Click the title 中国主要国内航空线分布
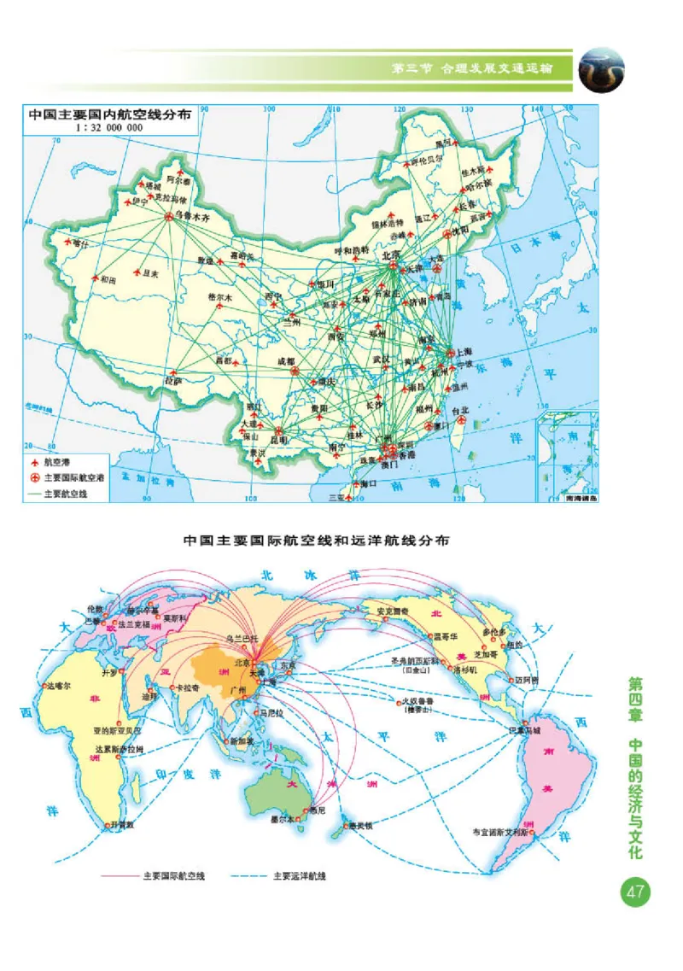point(109,112)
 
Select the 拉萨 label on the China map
point(173,381)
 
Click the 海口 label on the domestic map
point(368,483)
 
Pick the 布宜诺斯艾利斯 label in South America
point(500,830)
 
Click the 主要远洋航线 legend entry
point(299,875)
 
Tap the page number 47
point(634,893)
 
